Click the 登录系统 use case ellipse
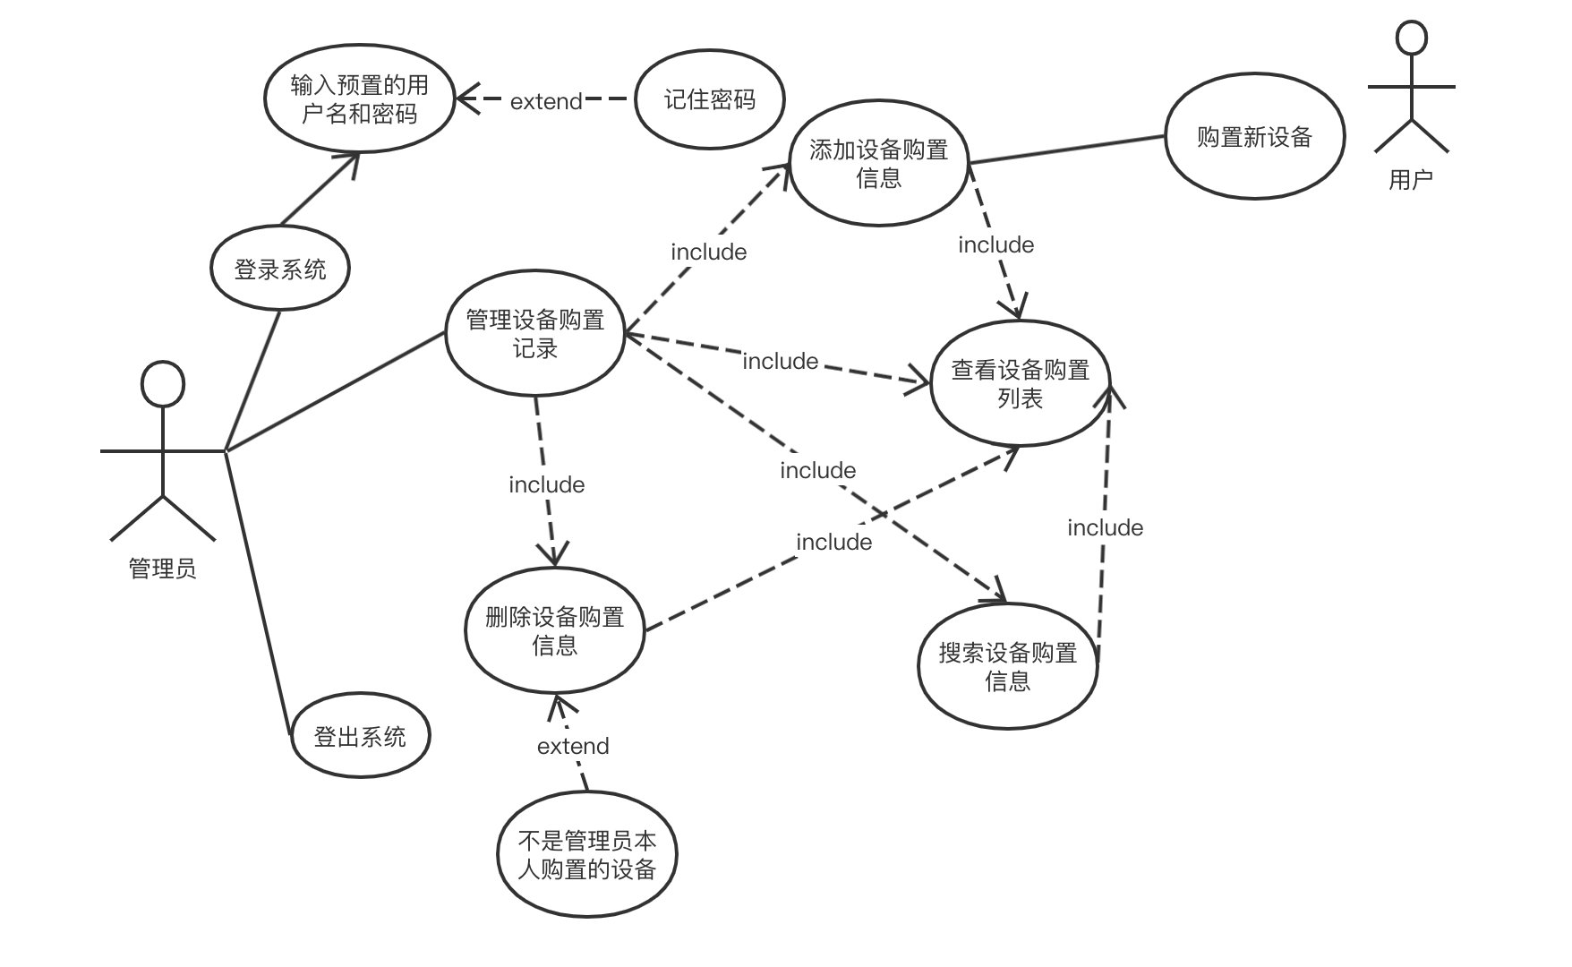[x=280, y=269]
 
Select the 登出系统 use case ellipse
[x=360, y=736]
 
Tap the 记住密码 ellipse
[x=709, y=99]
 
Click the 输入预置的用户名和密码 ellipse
[x=360, y=99]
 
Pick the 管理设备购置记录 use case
[x=534, y=334]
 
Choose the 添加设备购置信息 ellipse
[x=878, y=164]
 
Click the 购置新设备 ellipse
[x=1254, y=137]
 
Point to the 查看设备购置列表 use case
[x=1020, y=383]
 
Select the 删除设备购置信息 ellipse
[x=554, y=630]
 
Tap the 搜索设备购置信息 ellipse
[x=1007, y=666]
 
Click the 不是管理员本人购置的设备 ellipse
[x=587, y=854]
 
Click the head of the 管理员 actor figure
[x=163, y=385]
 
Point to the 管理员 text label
[x=162, y=569]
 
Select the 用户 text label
[x=1411, y=180]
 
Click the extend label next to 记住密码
[x=546, y=101]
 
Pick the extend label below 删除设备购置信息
[x=573, y=746]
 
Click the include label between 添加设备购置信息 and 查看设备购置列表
[x=995, y=244]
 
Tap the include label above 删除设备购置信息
[x=546, y=484]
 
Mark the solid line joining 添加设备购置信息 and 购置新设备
[x=1067, y=150]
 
